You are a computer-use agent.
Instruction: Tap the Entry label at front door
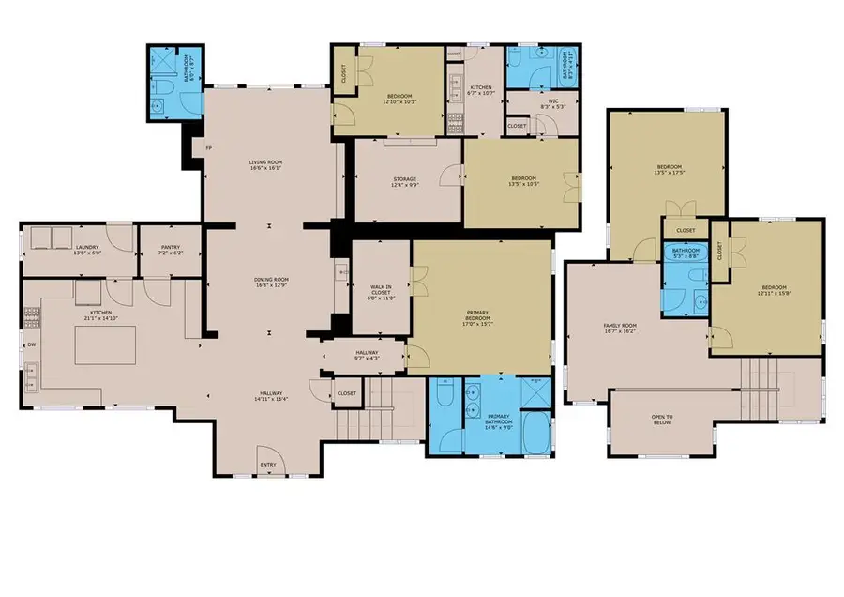(269, 464)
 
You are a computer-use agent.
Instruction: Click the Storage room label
(405, 181)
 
